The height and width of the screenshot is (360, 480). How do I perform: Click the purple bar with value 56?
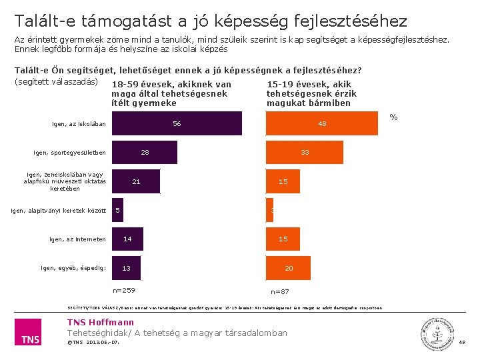(177, 124)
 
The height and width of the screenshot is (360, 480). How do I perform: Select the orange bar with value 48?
(322, 124)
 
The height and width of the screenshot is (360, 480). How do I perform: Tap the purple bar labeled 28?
(145, 153)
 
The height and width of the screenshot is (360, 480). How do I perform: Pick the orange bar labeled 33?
(305, 153)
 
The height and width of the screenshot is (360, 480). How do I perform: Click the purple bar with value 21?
(136, 181)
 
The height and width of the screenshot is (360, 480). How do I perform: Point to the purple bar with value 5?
(117, 210)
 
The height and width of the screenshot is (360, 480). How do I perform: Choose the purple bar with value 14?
(127, 239)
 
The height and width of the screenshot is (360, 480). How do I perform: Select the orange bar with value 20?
(289, 268)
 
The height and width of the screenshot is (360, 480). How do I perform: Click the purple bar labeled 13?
(126, 268)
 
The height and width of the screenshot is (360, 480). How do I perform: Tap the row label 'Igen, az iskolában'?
(79, 124)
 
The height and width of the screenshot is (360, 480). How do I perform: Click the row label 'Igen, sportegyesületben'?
(69, 153)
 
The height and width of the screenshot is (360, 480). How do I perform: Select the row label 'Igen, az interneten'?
(77, 239)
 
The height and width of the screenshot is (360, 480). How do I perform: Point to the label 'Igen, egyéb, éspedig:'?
(73, 268)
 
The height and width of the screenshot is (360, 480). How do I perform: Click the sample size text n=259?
(124, 290)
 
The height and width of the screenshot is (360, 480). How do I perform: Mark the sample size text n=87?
(280, 291)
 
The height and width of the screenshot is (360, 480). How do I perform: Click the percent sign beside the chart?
(393, 117)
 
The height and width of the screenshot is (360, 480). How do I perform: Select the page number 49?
(462, 342)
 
